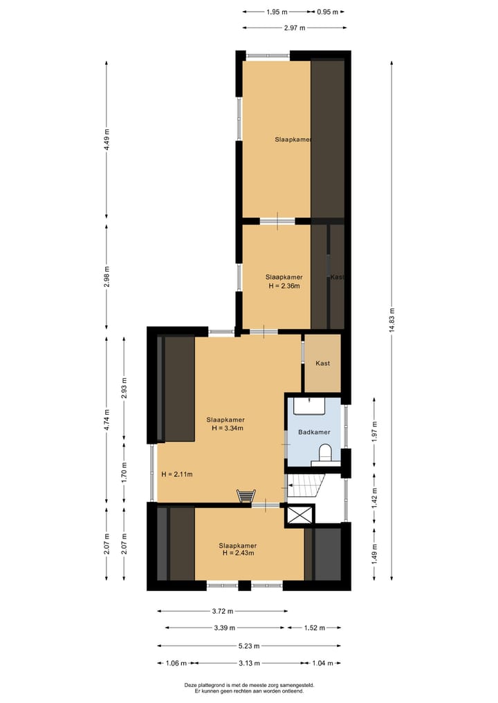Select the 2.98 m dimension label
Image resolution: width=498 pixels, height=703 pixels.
pos(107,276)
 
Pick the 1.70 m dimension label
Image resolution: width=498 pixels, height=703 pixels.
pos(124,471)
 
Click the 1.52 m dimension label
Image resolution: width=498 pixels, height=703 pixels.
pos(313,628)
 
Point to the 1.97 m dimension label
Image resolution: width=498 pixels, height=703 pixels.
pos(374,431)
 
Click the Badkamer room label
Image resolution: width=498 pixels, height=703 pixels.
pos(314,432)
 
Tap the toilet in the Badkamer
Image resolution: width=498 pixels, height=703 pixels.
pos(324,453)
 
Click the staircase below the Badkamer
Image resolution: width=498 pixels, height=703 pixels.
pos(306,485)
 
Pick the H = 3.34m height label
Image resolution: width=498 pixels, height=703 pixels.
pos(225,428)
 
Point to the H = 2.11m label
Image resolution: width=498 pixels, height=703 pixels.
pos(176,474)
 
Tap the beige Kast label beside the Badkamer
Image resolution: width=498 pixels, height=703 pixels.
pos(322,363)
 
